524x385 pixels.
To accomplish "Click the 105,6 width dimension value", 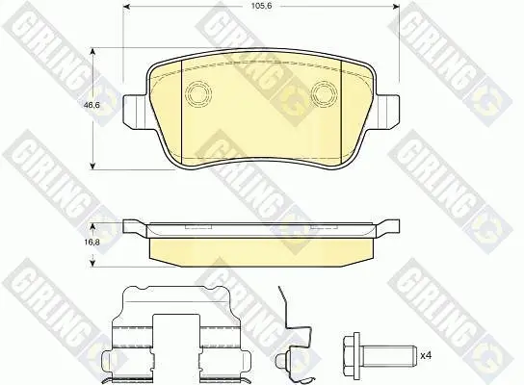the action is tap(262, 6).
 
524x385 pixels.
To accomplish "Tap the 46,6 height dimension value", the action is tap(92, 105).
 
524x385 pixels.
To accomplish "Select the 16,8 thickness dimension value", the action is tap(92, 243).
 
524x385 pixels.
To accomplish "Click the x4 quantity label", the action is tap(426, 356).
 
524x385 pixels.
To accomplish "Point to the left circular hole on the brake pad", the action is tap(199, 93).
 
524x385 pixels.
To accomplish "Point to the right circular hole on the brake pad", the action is tap(325, 93).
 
